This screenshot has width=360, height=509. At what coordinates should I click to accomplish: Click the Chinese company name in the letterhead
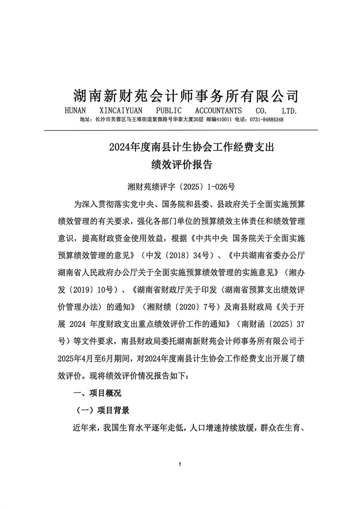(186, 96)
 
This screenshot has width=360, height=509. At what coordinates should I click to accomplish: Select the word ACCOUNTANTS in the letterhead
(218, 111)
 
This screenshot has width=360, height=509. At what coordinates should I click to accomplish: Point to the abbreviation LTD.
(289, 111)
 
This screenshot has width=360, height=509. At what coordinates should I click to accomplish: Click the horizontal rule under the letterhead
(180, 130)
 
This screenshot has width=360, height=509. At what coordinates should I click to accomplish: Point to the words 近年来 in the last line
(87, 427)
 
